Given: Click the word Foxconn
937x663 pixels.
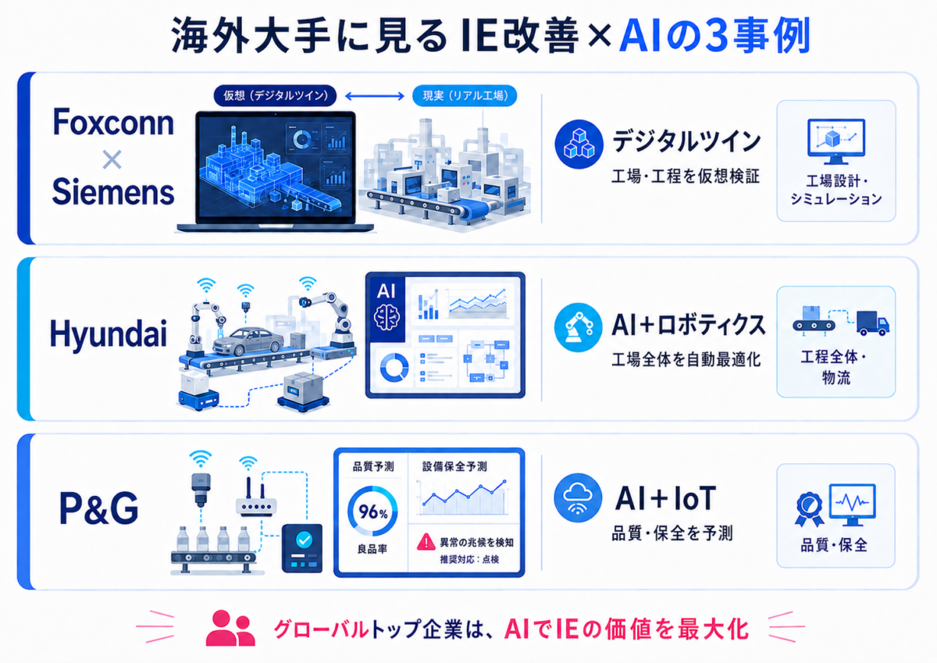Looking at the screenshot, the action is pyautogui.click(x=113, y=122).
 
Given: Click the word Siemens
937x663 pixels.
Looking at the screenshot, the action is pyautogui.click(x=113, y=192).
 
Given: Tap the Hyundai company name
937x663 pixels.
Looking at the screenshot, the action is pyautogui.click(x=109, y=333).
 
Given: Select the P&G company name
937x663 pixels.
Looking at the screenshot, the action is pyautogui.click(x=98, y=508).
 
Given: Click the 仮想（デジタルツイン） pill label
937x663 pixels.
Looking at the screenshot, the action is pyautogui.click(x=275, y=96).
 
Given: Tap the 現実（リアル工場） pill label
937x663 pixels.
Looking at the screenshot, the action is pyautogui.click(x=465, y=96).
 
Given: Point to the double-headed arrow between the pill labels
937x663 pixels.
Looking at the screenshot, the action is pyautogui.click(x=375, y=96).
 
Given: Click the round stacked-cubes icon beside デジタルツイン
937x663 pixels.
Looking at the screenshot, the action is pyautogui.click(x=579, y=144).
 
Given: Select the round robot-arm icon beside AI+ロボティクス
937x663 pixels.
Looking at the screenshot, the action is pyautogui.click(x=579, y=327).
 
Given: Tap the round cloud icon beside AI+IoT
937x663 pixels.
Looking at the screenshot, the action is pyautogui.click(x=578, y=497).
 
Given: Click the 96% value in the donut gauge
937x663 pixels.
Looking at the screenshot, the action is pyautogui.click(x=372, y=512).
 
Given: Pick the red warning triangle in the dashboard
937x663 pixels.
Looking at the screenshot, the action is pyautogui.click(x=426, y=542).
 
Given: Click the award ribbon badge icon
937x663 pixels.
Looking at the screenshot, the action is pyautogui.click(x=809, y=509).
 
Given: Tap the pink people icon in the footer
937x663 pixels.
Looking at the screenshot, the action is pyautogui.click(x=230, y=628).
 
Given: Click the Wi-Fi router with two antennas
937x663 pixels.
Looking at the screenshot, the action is pyautogui.click(x=256, y=497).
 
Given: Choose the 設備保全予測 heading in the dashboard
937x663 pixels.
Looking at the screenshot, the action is pyautogui.click(x=454, y=466).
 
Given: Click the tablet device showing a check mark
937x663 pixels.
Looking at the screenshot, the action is pyautogui.click(x=302, y=548).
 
